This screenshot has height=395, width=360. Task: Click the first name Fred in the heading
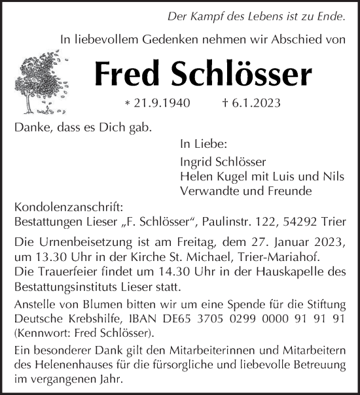128,75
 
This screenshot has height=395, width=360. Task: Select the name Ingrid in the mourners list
194,162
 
